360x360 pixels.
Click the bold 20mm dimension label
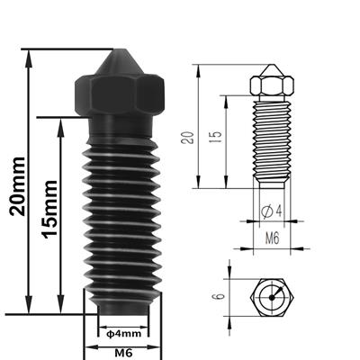[x=15, y=180]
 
